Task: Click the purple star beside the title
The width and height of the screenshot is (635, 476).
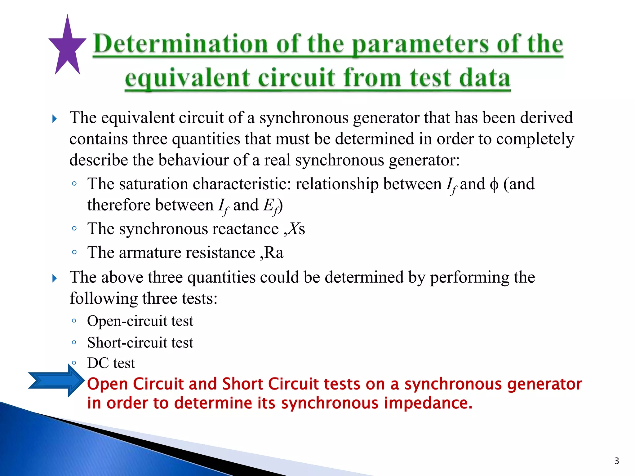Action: [67, 46]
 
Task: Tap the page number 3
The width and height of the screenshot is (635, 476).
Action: [617, 461]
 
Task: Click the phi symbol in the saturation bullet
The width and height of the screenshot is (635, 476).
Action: [494, 185]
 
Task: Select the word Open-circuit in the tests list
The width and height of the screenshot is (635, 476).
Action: [127, 321]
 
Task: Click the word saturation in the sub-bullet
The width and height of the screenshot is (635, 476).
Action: [153, 184]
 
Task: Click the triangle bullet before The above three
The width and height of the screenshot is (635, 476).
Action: [55, 278]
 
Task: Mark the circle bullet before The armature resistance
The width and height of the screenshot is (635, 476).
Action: [74, 252]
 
